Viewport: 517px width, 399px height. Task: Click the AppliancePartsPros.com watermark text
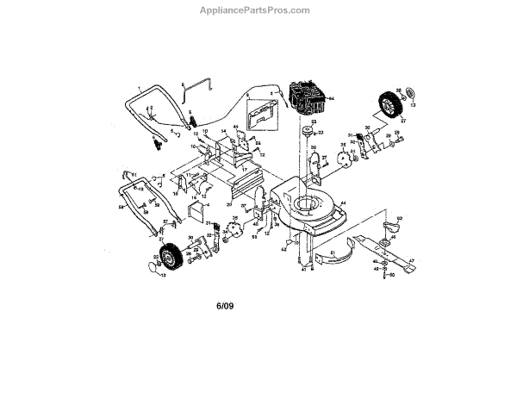[259, 10]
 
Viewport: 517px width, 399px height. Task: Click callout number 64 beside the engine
[331, 98]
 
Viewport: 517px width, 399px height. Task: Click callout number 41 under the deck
[302, 269]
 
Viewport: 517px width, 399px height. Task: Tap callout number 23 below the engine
[320, 134]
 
